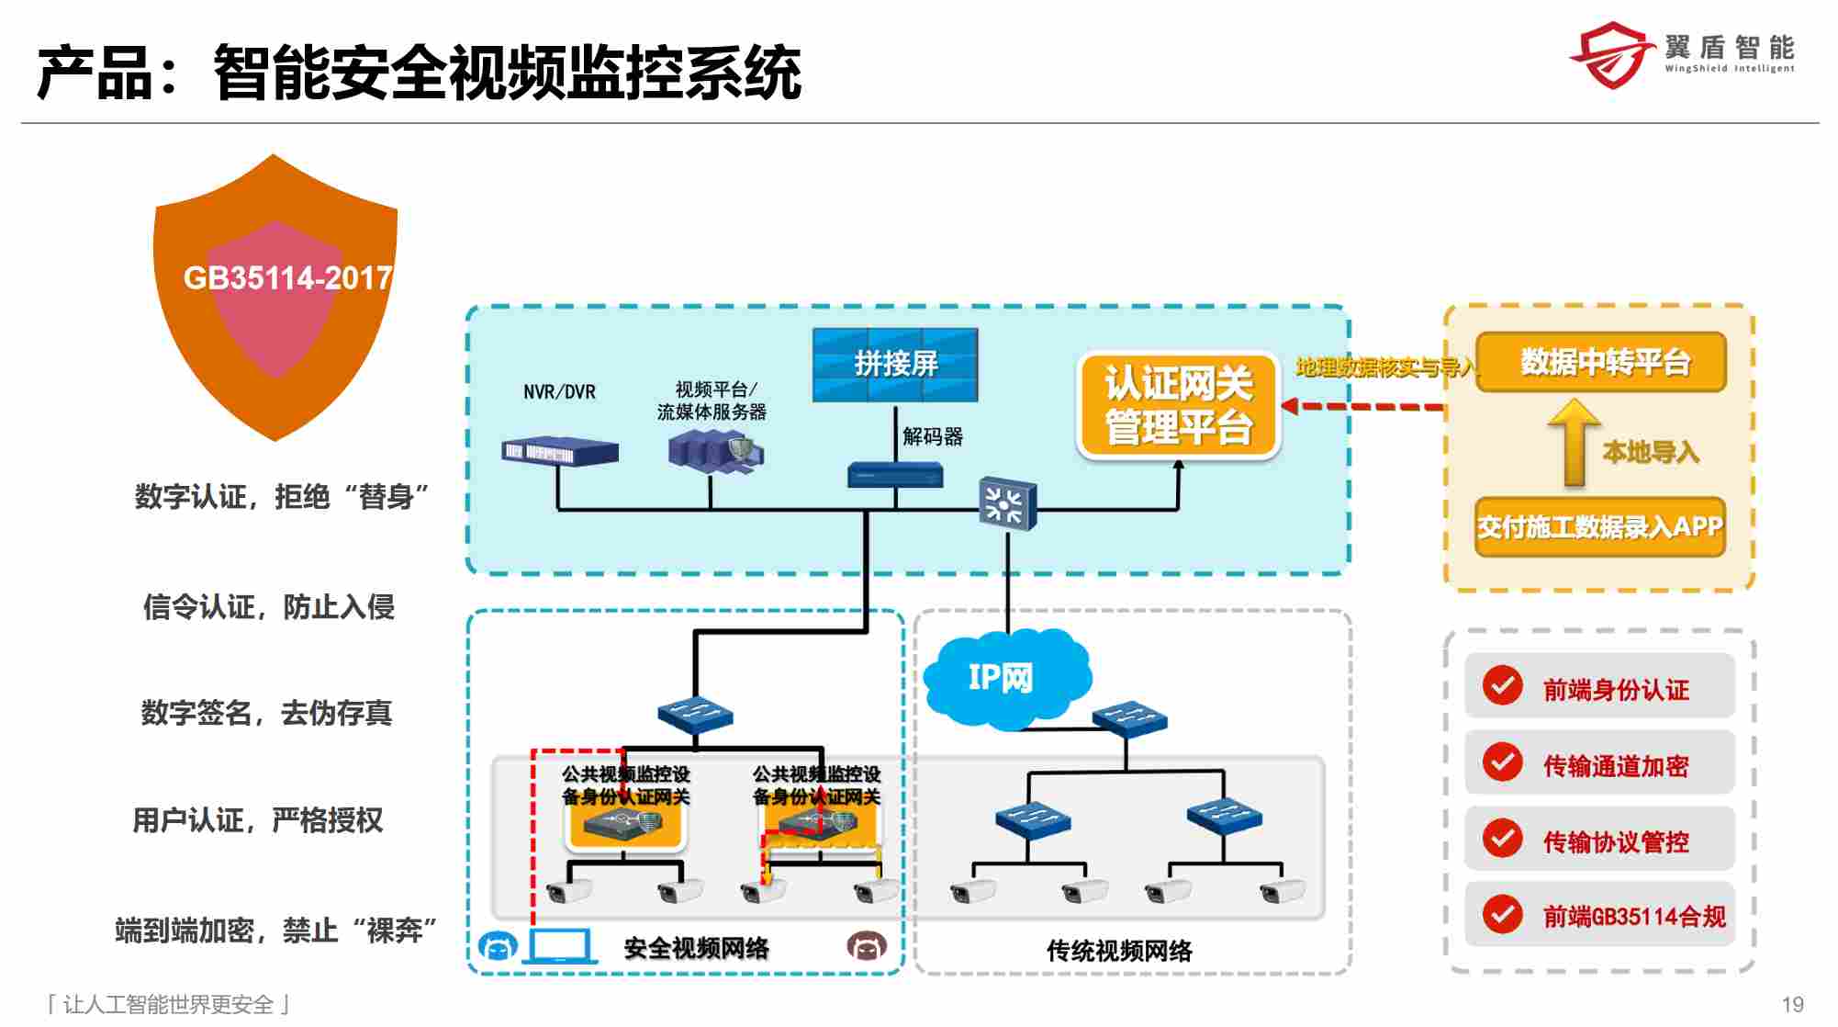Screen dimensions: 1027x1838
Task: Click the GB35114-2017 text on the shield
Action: [x=287, y=277]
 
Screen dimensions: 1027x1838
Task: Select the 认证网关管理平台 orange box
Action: [x=1178, y=405]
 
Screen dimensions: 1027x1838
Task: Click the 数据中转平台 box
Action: [x=1603, y=362]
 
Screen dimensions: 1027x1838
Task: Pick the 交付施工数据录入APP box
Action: [x=1599, y=527]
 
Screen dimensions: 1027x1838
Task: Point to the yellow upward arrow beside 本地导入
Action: [x=1574, y=442]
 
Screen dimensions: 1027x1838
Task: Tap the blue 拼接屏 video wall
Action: [x=895, y=365]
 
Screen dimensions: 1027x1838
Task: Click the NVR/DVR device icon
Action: [x=559, y=451]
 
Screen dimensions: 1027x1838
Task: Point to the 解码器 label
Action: [x=932, y=436]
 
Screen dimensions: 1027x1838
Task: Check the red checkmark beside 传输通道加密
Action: [x=1502, y=762]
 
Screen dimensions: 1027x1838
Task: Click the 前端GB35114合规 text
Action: [x=1633, y=916]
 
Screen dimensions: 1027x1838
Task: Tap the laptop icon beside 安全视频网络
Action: [x=559, y=946]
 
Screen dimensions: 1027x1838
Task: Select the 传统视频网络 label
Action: [x=1119, y=950]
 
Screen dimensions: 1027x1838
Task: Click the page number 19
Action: [x=1792, y=1004]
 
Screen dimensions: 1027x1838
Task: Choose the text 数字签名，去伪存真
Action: [x=266, y=713]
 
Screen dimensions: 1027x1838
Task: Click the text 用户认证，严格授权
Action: [x=258, y=819]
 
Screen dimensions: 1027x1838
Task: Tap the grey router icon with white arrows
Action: [x=1007, y=503]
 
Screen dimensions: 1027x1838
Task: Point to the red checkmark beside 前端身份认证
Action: [x=1502, y=685]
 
